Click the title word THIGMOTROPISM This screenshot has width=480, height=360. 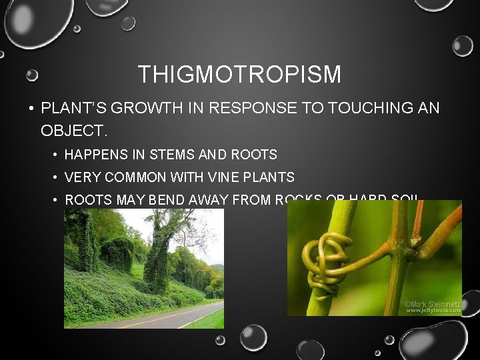(239, 74)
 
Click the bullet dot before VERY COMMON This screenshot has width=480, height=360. (55, 178)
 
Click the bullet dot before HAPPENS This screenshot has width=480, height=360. (55, 155)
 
